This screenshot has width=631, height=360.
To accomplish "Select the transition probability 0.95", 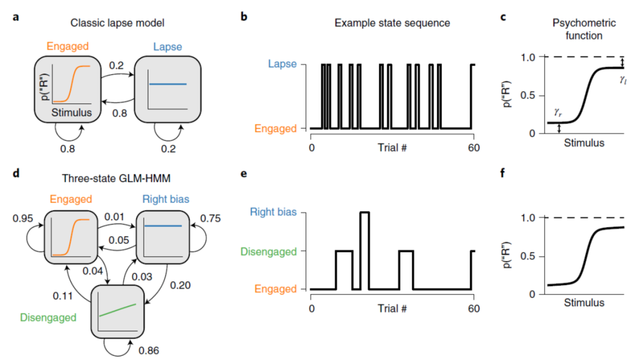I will tap(23, 219).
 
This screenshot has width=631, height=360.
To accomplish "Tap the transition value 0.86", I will tap(149, 351).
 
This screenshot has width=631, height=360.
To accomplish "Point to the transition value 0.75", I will tap(211, 219).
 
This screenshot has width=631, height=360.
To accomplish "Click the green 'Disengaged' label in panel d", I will tap(48, 317).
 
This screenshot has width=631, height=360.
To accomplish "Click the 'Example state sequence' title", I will tap(392, 24).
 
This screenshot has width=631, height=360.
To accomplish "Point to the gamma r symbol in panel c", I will tap(554, 112).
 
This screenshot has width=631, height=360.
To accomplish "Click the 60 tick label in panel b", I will tap(471, 147).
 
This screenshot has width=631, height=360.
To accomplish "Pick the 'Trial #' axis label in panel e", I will tap(392, 309).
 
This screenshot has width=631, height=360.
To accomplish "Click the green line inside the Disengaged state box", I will tap(117, 310).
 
